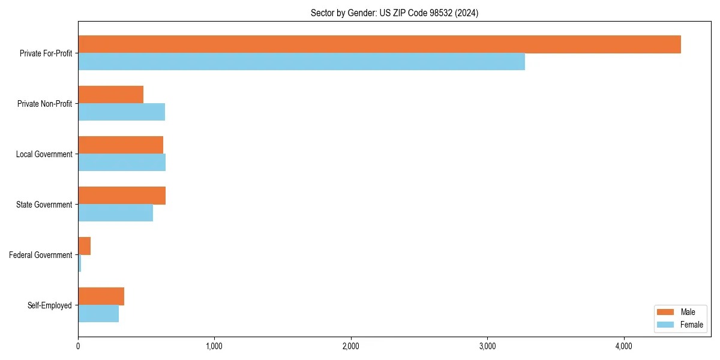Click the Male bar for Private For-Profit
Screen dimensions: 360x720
379,44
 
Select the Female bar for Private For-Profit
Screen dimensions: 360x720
301,62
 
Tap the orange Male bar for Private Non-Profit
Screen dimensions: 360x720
110,95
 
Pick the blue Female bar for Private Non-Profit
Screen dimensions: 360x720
121,112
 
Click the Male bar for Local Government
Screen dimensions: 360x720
121,145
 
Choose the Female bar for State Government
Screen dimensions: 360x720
115,213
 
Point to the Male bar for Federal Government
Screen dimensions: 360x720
84,246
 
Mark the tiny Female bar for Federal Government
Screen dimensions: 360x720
80,263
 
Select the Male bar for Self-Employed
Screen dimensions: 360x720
101,296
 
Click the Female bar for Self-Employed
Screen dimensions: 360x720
98,314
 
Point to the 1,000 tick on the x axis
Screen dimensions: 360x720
214,346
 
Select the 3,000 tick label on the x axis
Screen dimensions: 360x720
487,346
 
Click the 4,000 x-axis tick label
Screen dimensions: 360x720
624,346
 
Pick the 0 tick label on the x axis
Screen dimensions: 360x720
78,346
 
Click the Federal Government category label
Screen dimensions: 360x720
41,255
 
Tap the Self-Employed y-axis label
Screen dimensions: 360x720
50,305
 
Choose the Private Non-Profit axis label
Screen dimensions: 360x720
45,104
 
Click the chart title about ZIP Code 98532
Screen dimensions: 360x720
394,13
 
